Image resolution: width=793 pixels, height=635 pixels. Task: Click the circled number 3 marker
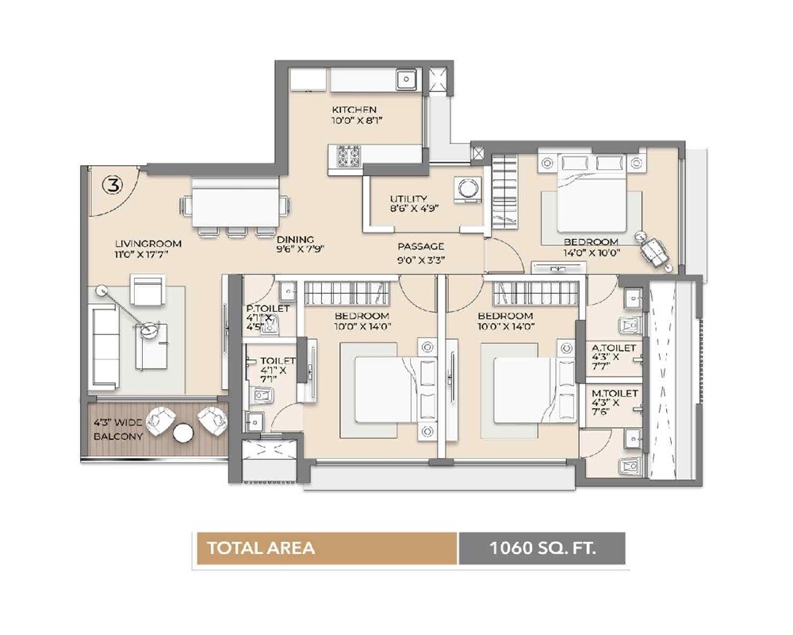(113, 186)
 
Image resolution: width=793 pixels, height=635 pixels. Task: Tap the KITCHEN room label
(354, 110)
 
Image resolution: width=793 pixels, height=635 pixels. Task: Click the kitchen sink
(406, 79)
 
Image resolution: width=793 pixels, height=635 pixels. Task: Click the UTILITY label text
(408, 199)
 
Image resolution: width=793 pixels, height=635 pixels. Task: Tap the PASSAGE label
(420, 246)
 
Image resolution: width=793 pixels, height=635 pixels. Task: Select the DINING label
(295, 239)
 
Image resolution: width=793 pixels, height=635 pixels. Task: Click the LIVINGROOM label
(148, 244)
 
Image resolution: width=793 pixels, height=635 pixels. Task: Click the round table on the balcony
(183, 433)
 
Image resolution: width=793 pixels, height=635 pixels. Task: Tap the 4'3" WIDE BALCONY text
(118, 429)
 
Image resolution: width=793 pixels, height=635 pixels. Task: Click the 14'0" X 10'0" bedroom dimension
(591, 253)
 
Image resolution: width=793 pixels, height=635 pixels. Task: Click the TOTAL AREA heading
(261, 548)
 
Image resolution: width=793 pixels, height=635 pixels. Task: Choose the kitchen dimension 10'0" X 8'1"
(354, 122)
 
